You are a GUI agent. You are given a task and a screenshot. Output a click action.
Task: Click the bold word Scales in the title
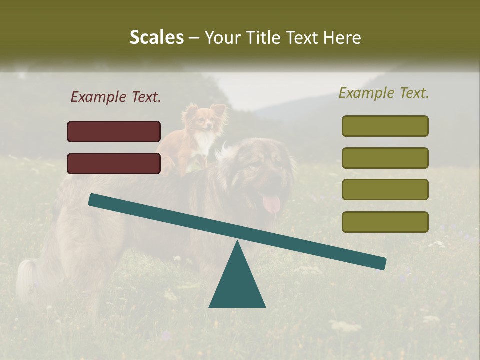(156, 37)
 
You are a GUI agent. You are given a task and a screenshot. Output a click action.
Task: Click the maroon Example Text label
(116, 97)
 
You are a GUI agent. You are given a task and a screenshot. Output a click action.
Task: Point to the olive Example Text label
(384, 93)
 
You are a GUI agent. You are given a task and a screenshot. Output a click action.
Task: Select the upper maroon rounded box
(114, 131)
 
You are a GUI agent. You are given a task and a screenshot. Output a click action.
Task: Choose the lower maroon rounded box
(114, 163)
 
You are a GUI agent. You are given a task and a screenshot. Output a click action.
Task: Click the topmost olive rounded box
(385, 126)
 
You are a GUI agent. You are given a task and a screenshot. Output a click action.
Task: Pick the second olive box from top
(385, 158)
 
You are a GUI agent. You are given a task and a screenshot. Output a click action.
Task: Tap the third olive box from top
(385, 189)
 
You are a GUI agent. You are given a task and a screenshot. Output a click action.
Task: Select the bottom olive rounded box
(385, 222)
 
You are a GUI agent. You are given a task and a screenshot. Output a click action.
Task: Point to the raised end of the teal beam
(95, 200)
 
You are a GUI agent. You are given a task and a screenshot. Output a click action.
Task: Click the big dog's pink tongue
(271, 203)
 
